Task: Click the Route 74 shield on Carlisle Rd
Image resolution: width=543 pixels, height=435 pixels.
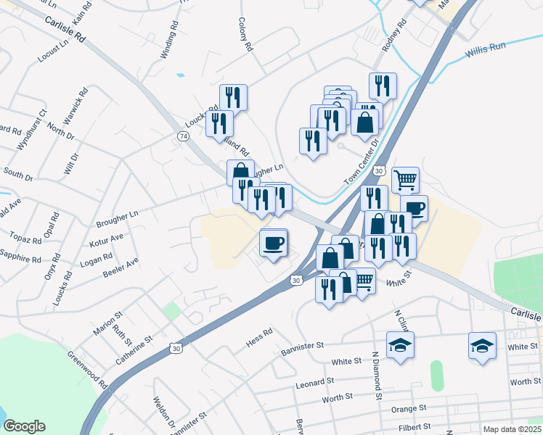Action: coord(182,136)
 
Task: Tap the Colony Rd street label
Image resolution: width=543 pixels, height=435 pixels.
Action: coord(246,36)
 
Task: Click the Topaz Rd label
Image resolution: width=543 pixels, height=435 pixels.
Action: coord(22,238)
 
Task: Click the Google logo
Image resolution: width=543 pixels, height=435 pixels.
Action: coord(24,426)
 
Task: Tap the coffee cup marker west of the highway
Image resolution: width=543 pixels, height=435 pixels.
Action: coord(274,243)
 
